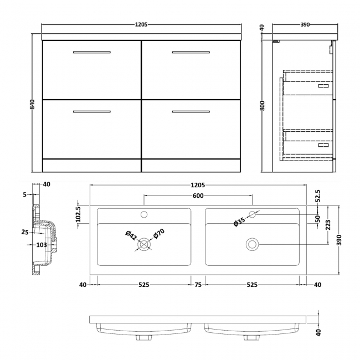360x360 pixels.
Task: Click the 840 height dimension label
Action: pyautogui.click(x=33, y=104)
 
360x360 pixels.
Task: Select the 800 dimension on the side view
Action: pyautogui.click(x=263, y=105)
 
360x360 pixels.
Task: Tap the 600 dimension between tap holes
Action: pyautogui.click(x=198, y=196)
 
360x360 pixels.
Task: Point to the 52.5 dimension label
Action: pyautogui.click(x=317, y=195)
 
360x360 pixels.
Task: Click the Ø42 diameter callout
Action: pyautogui.click(x=130, y=235)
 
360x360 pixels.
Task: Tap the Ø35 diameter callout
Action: pyautogui.click(x=239, y=222)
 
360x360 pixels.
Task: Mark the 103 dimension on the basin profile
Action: pyautogui.click(x=42, y=244)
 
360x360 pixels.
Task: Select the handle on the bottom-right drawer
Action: pyautogui.click(x=191, y=112)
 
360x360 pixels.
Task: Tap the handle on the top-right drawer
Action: pyautogui.click(x=191, y=53)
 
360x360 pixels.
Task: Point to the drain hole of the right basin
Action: pyautogui.click(x=252, y=243)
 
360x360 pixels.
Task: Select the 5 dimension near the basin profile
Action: pyautogui.click(x=25, y=194)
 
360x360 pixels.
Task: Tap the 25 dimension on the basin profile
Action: pyautogui.click(x=25, y=232)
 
